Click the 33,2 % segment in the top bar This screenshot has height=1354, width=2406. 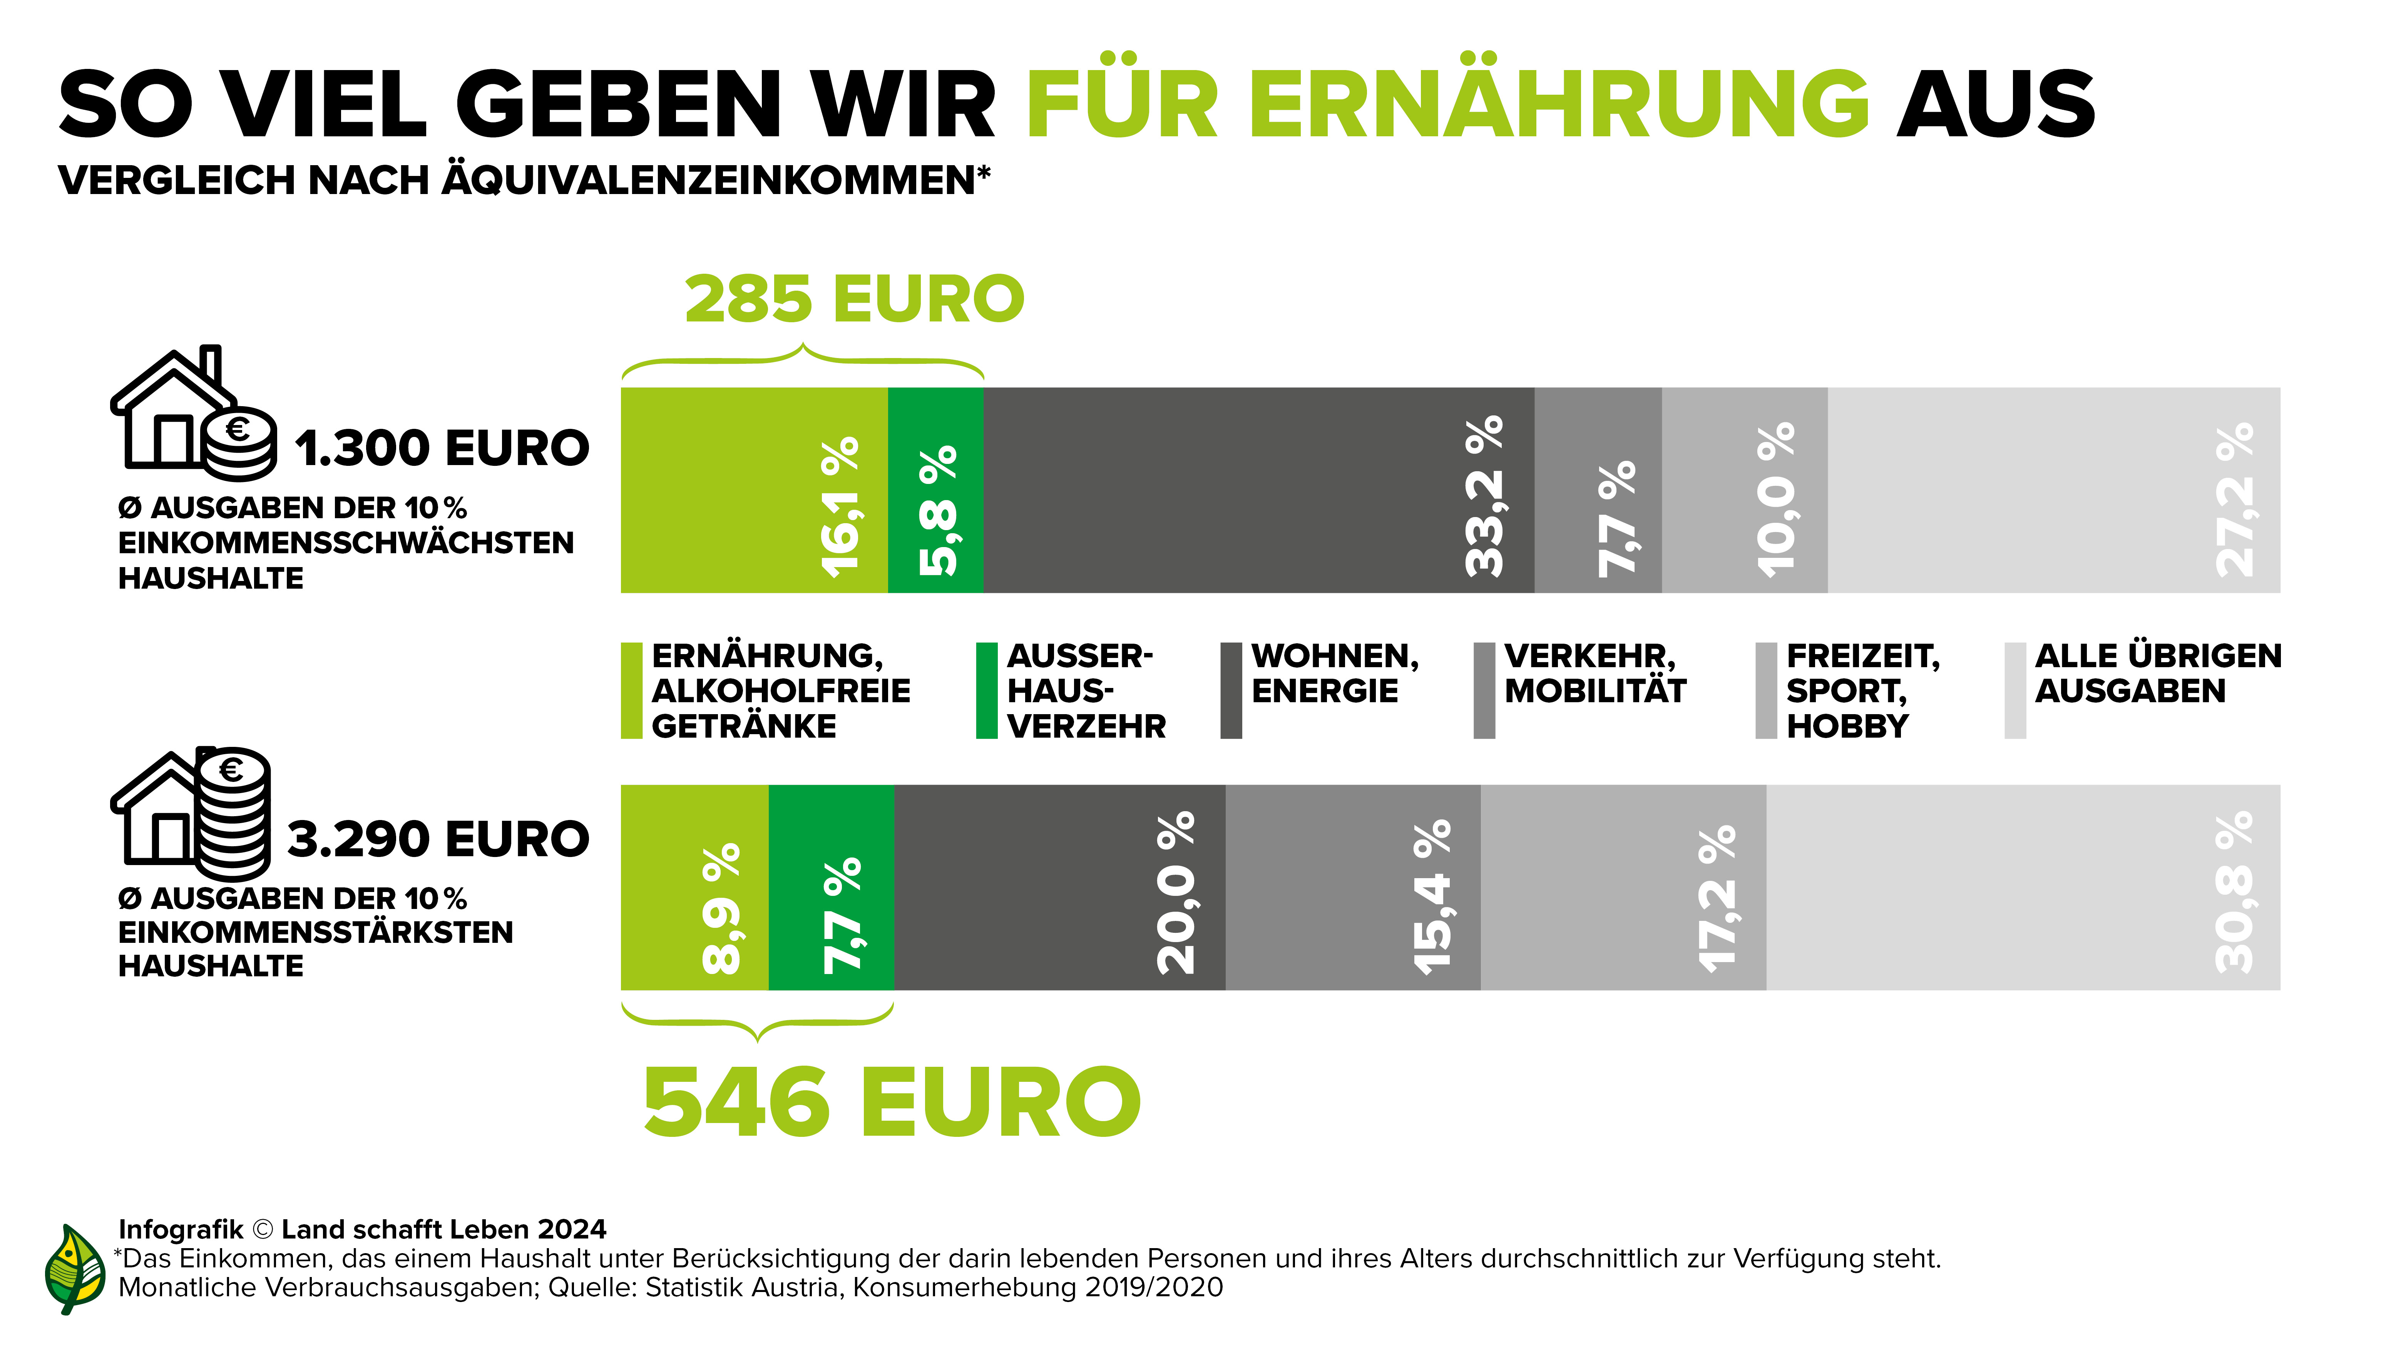click(x=1258, y=490)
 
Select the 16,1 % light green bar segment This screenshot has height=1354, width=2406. click(x=754, y=490)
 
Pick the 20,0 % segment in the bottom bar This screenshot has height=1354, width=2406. click(x=1059, y=887)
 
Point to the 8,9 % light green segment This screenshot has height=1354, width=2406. click(x=694, y=887)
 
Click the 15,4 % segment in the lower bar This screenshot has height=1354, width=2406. click(x=1352, y=887)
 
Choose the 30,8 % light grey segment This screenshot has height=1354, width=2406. click(x=2022, y=887)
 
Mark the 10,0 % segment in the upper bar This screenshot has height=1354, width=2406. click(x=1744, y=490)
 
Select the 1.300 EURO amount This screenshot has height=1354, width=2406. click(x=442, y=448)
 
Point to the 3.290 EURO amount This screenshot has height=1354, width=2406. click(x=438, y=839)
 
